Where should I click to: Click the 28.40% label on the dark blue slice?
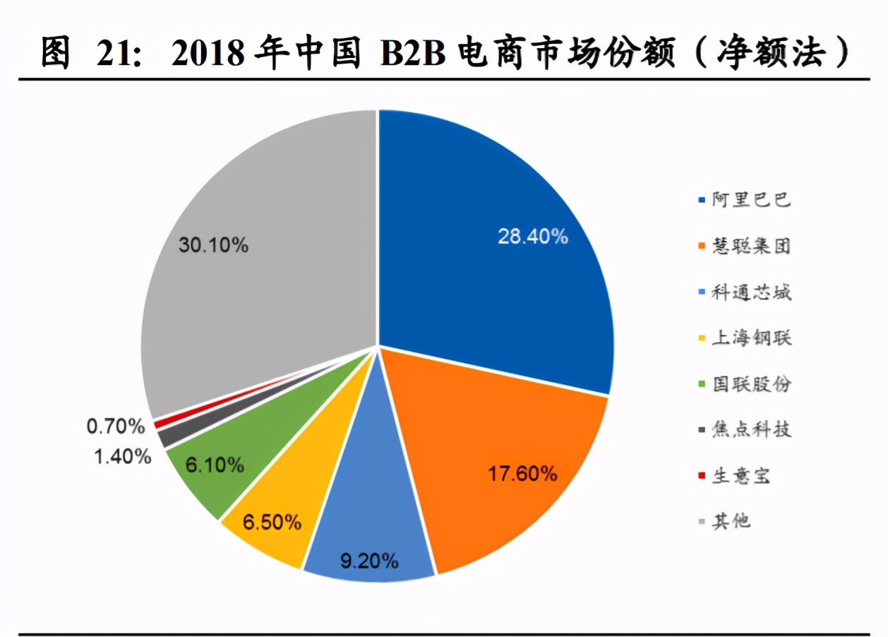[533, 237]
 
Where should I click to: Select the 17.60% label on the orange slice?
[522, 473]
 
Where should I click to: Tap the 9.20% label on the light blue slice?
[369, 561]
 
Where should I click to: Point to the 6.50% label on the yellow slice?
[272, 523]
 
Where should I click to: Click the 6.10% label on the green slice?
[215, 465]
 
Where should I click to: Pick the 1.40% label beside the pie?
[123, 456]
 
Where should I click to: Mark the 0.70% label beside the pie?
[116, 426]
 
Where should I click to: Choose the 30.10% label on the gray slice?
[213, 246]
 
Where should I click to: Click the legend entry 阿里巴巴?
[750, 200]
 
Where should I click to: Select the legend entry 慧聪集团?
[750, 246]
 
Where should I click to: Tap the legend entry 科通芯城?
[750, 292]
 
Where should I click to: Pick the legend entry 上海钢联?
[750, 338]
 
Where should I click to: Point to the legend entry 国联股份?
[750, 383]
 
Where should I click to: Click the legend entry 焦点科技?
[750, 429]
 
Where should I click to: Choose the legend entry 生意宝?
[740, 475]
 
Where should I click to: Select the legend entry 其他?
[730, 521]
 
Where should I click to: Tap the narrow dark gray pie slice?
[167, 438]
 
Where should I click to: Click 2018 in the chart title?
[210, 54]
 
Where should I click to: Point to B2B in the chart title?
[414, 54]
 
